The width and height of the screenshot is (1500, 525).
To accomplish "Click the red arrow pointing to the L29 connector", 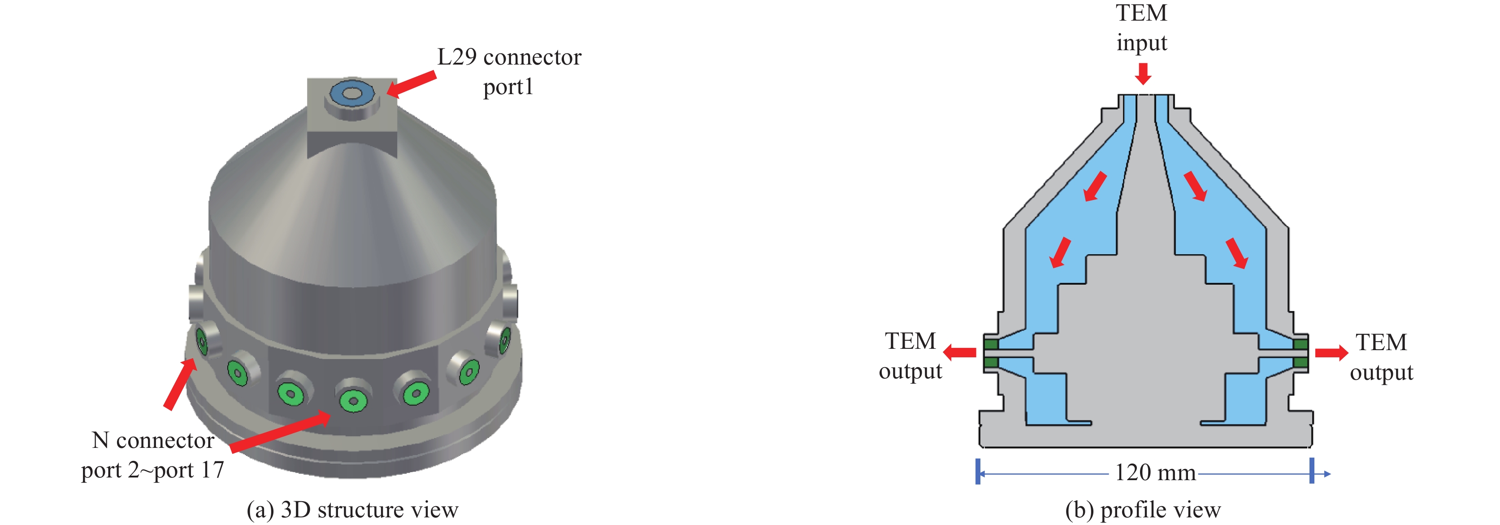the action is pos(411,84).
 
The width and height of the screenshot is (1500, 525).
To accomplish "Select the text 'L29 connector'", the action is pos(509,57).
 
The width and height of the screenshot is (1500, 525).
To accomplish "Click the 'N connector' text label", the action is pos(153,441).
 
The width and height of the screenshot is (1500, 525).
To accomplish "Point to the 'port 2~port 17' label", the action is pos(152,470).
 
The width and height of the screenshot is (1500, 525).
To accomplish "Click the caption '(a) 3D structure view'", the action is pos(353,510).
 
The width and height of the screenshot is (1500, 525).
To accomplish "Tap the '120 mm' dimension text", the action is pos(1155,473).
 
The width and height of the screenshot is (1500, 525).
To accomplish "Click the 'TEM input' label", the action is pos(1141,28).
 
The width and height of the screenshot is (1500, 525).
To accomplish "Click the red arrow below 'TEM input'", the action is pos(1143,74).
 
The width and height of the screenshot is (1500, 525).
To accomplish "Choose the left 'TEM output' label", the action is pos(910,356).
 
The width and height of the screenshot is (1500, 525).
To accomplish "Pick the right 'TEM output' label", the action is pos(1381,357).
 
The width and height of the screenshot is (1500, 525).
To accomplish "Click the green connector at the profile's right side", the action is pos(1300,353).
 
